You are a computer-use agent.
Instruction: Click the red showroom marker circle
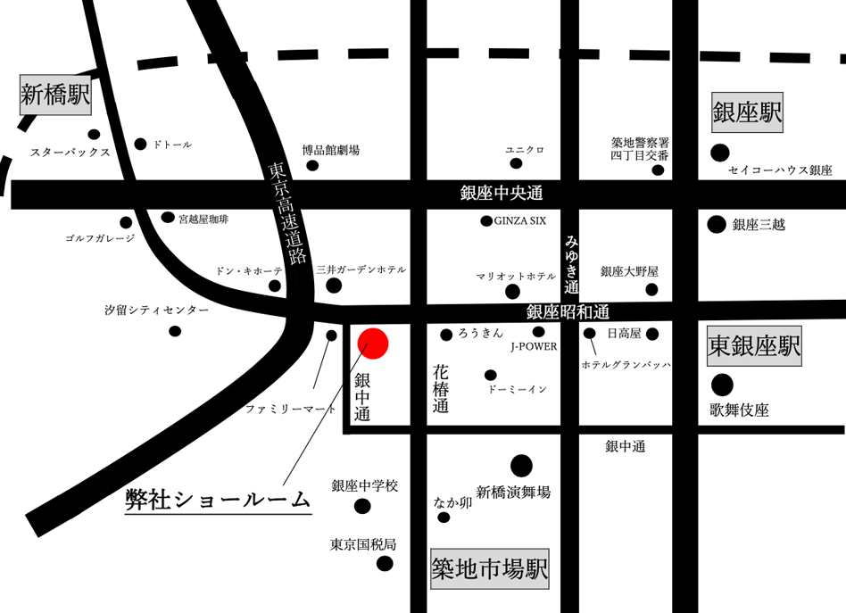coord(372,344)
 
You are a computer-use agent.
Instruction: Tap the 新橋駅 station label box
coord(55,95)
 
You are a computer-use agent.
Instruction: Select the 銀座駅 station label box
coord(747,112)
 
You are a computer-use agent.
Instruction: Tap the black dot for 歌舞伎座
coord(722,385)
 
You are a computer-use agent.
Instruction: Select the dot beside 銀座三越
coord(717,225)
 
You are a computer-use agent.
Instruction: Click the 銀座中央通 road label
coord(502,193)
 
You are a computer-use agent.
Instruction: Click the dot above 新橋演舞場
coord(522,465)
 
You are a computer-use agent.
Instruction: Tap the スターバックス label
coord(70,153)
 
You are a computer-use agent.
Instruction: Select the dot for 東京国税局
coord(385,563)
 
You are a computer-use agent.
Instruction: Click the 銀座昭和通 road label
coord(567,311)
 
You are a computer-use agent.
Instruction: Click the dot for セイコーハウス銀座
coord(718,153)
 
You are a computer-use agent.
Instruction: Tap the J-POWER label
coord(534,346)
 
